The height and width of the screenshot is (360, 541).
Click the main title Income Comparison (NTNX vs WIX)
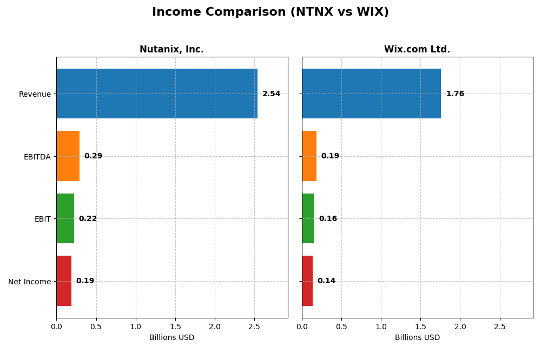point(270,12)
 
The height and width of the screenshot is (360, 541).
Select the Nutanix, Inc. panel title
point(171,49)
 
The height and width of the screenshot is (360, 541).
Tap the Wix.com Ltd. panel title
point(417,49)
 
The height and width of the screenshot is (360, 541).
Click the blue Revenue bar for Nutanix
point(157,94)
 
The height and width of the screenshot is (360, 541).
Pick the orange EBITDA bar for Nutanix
point(68,156)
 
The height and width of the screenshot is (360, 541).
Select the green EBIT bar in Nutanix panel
point(65,218)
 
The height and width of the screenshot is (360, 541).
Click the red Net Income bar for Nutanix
point(64,281)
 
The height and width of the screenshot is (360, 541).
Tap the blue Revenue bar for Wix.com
point(371,94)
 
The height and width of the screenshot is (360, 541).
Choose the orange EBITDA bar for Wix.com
point(309,156)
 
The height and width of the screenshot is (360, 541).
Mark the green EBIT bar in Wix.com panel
point(308,218)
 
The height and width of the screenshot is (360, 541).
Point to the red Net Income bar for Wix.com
point(307,281)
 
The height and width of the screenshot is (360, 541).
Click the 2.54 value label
point(271,94)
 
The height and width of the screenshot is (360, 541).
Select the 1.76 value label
point(455,94)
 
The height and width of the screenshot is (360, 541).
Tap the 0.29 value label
point(93,156)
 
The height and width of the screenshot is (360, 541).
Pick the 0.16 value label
point(328,219)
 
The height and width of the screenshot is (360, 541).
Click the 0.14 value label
point(326,281)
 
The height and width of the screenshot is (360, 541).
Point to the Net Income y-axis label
point(29,282)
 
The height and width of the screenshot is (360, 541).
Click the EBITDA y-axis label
point(37,157)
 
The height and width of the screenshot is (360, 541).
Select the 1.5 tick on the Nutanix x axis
point(175,326)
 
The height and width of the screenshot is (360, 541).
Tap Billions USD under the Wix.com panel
point(417,337)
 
